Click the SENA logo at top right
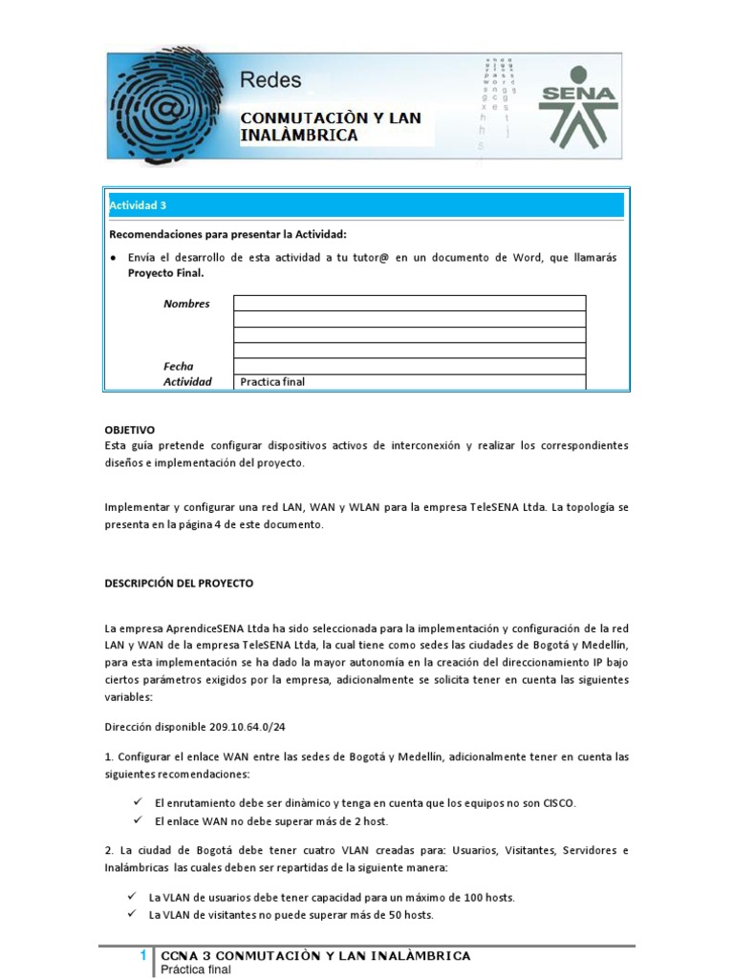[578, 104]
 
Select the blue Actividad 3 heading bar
[366, 205]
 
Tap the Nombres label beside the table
[186, 304]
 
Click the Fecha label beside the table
[178, 366]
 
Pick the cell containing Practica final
[409, 382]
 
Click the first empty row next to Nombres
[409, 304]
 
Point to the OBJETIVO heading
[130, 430]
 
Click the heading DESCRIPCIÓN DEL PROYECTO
[179, 583]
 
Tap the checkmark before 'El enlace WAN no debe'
[138, 820]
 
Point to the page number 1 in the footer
[142, 955]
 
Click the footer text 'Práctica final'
[196, 969]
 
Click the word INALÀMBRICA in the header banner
[299, 136]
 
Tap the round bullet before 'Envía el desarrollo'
[114, 258]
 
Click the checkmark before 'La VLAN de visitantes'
[132, 914]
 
